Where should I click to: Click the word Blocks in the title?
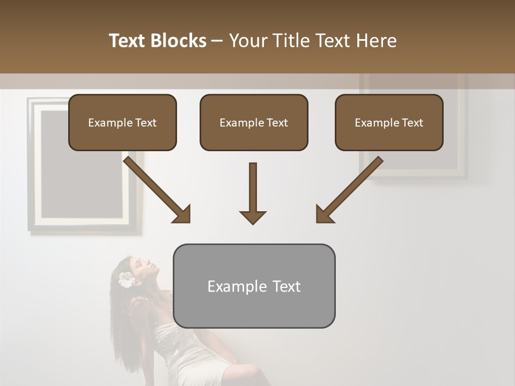[180, 41]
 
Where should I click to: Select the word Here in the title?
[378, 41]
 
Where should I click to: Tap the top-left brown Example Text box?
[122, 122]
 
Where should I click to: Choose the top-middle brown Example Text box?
[254, 122]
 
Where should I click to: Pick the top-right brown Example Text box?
[389, 122]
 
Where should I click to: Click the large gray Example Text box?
[254, 286]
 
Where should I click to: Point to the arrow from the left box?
[158, 190]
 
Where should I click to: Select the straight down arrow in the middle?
[253, 193]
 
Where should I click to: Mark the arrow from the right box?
[349, 190]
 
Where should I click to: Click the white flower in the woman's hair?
[127, 279]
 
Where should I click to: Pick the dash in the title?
[217, 41]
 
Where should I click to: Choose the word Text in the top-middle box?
[277, 123]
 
